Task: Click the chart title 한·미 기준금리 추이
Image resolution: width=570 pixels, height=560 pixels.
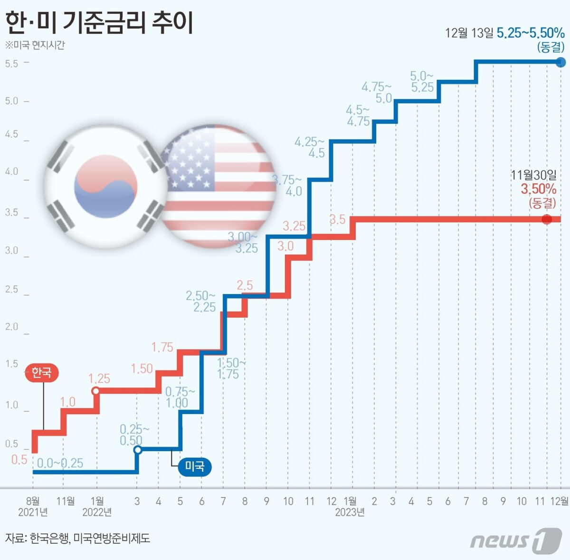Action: coord(99,22)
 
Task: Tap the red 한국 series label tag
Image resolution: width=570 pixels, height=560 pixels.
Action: coord(41,372)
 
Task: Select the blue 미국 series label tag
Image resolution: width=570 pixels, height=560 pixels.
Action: coord(194,466)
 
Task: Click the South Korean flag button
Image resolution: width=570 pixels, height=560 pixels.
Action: coord(105,186)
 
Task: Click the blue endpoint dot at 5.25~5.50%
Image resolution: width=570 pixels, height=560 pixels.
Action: coord(560,62)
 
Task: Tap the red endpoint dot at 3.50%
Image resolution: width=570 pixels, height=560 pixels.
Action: coord(547,219)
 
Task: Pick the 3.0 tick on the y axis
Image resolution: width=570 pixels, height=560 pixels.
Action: coord(12,250)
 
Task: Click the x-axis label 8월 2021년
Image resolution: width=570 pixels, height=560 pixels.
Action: coord(33,506)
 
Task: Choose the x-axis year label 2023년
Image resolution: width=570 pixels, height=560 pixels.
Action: coord(350,513)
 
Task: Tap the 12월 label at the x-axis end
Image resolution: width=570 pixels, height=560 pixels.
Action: coord(559,501)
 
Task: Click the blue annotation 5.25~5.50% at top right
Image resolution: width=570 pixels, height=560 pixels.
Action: coord(530,33)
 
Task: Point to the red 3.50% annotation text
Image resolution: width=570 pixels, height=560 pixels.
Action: coord(538,190)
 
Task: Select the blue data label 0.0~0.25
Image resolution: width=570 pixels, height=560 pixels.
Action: coord(60,463)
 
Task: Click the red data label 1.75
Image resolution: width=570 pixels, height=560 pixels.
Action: coord(162,347)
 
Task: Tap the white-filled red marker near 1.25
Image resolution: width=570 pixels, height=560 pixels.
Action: coord(95,391)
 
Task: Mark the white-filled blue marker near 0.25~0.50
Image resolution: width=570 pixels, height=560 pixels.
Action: coord(138,450)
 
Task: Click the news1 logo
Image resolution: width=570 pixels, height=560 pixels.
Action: coord(516,541)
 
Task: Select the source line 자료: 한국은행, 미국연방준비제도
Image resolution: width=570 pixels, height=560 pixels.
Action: coord(78,538)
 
